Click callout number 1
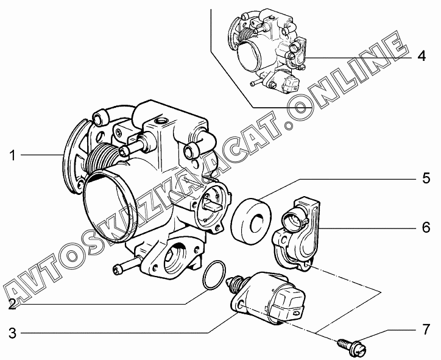click(12, 155)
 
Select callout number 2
click(12, 305)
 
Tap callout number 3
click(12, 334)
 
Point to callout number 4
click(422, 56)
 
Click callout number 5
click(426, 178)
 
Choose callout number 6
click(426, 227)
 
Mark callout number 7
click(426, 330)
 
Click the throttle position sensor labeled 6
click(296, 234)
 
